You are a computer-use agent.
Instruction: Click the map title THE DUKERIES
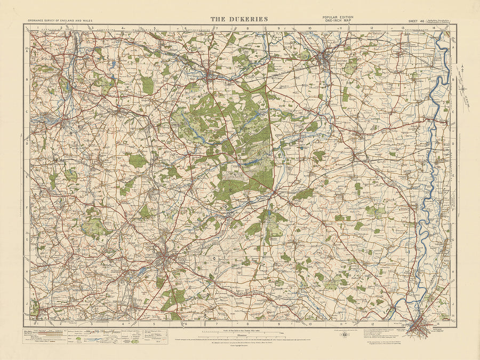239,19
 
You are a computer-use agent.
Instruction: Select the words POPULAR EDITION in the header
338,17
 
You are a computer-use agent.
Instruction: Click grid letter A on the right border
453,47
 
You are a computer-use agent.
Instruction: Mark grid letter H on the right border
453,271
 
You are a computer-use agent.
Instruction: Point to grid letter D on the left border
27,143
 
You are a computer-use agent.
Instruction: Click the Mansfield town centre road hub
164,257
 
